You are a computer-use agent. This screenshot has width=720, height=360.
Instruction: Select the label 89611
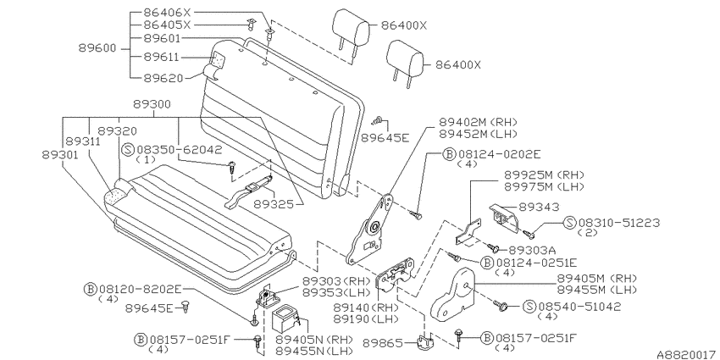click(x=161, y=58)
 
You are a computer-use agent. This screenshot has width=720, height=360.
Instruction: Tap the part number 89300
click(x=152, y=105)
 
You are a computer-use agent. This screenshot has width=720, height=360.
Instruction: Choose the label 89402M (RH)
click(x=478, y=122)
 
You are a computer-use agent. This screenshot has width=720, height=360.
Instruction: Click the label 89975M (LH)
click(x=544, y=187)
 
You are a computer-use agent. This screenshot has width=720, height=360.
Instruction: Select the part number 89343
click(x=540, y=208)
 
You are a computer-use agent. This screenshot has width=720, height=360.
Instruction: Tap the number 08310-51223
click(x=619, y=223)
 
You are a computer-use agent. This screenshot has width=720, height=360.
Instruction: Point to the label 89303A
click(x=532, y=250)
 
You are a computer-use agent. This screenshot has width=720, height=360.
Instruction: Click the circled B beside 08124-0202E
click(x=449, y=154)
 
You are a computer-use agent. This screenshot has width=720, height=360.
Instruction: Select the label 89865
click(x=382, y=342)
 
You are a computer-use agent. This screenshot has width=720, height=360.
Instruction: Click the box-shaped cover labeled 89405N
click(x=285, y=318)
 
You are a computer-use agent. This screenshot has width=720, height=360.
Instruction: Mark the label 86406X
click(x=161, y=13)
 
